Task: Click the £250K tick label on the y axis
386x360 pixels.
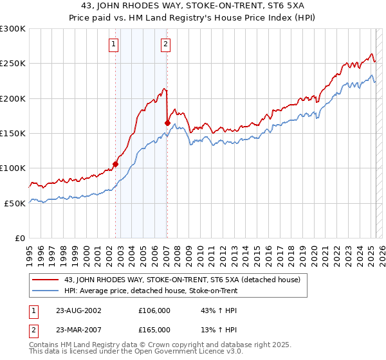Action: tap(13, 64)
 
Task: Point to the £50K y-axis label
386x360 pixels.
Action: tap(15, 203)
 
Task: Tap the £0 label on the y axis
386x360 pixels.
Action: tap(21, 238)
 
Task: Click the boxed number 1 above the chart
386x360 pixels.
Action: tap(113, 44)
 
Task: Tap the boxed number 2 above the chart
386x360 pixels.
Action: tap(165, 44)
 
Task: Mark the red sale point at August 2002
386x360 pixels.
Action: tap(116, 164)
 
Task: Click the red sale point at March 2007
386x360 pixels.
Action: tap(167, 123)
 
